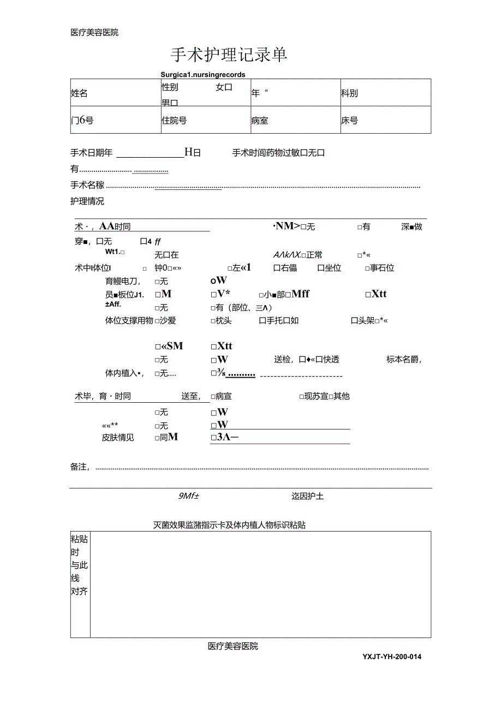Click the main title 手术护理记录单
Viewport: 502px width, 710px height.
pos(229,55)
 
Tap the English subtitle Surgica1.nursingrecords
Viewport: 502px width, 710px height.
pos(203,74)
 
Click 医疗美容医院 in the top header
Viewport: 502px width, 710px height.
pos(94,32)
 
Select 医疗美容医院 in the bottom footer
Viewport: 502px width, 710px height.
pos(233,646)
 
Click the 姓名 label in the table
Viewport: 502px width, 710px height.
pos(79,93)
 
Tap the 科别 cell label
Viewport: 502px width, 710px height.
pos(350,93)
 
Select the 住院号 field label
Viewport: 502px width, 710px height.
pos(174,121)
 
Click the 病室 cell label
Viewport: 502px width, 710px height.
pos(260,121)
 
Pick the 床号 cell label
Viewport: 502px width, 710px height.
pos(350,121)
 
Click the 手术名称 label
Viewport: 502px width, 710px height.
pos(87,185)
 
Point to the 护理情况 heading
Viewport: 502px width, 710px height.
pos(87,201)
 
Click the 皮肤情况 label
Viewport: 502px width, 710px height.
pos(118,437)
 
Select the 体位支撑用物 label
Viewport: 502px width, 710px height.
pos(129,320)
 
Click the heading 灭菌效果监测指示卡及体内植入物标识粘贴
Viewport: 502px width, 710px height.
pos(229,525)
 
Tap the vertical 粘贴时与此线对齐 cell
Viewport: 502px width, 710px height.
pos(80,565)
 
